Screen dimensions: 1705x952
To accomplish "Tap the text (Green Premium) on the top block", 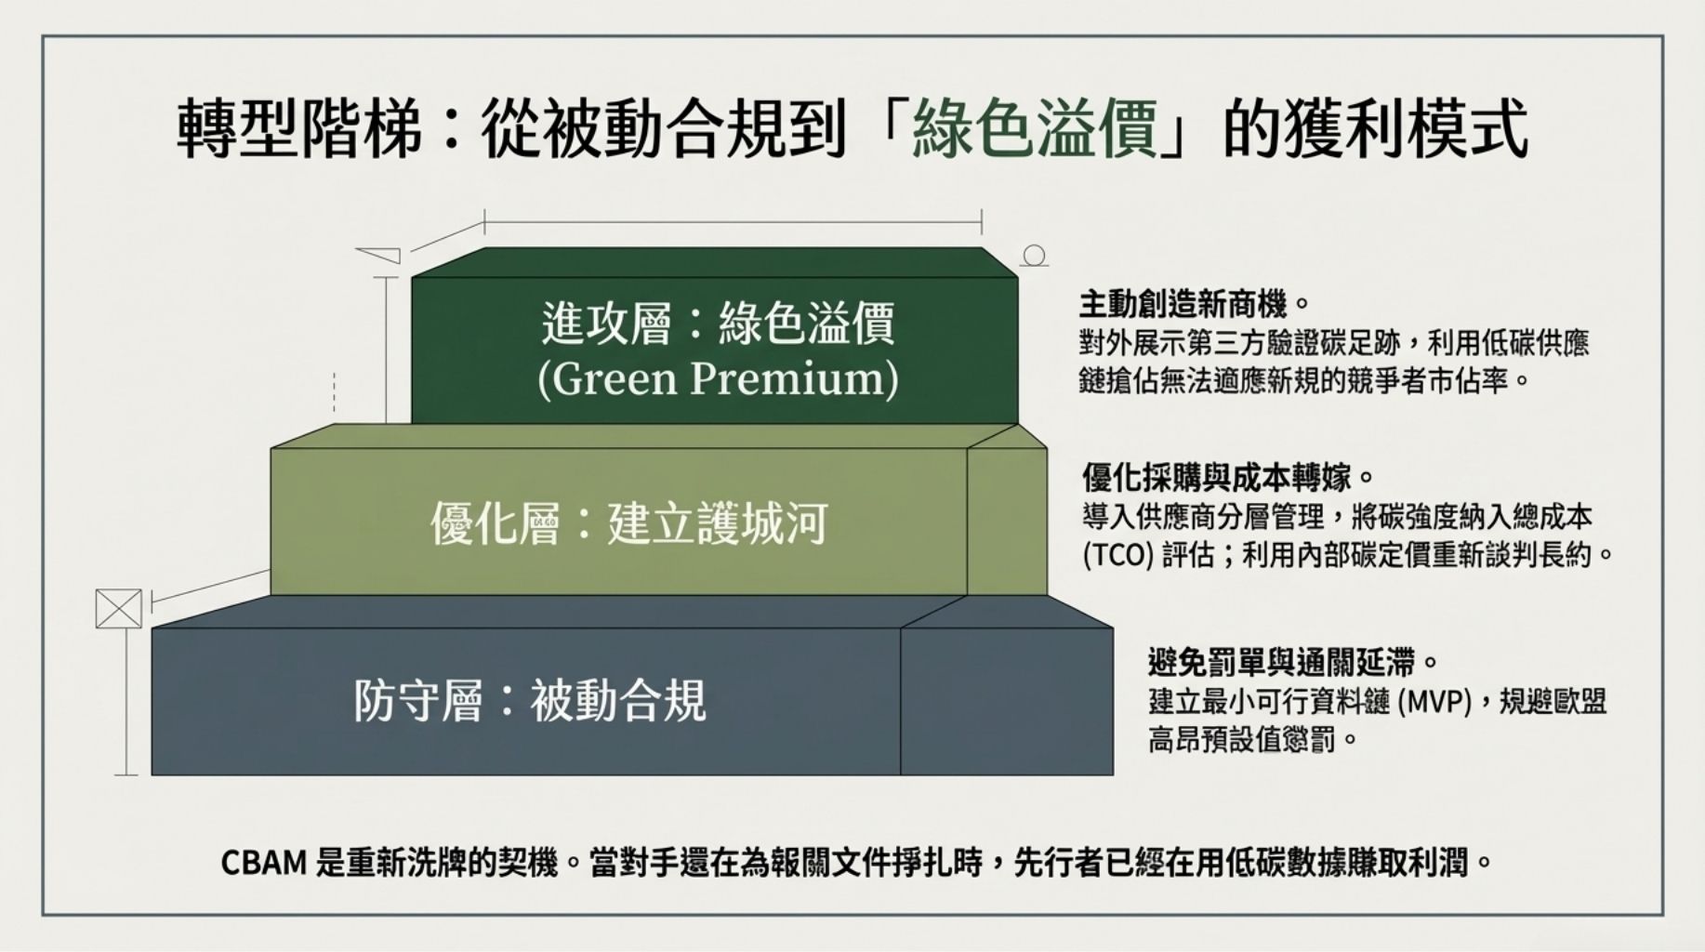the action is click(718, 378).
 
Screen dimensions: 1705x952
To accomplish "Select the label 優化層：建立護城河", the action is click(628, 523).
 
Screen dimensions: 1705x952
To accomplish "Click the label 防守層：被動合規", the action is click(530, 700).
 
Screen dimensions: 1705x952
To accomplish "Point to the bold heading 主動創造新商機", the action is click(1183, 304).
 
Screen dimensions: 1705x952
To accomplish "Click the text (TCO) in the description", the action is click(1117, 555).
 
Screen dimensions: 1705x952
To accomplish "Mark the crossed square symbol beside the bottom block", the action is click(119, 609).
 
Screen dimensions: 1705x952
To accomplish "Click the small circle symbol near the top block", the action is click(1035, 256).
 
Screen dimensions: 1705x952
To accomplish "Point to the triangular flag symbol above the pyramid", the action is click(378, 255).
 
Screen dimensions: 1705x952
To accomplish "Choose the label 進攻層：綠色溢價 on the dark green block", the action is click(718, 324).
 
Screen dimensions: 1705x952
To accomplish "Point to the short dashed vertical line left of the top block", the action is click(334, 391).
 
